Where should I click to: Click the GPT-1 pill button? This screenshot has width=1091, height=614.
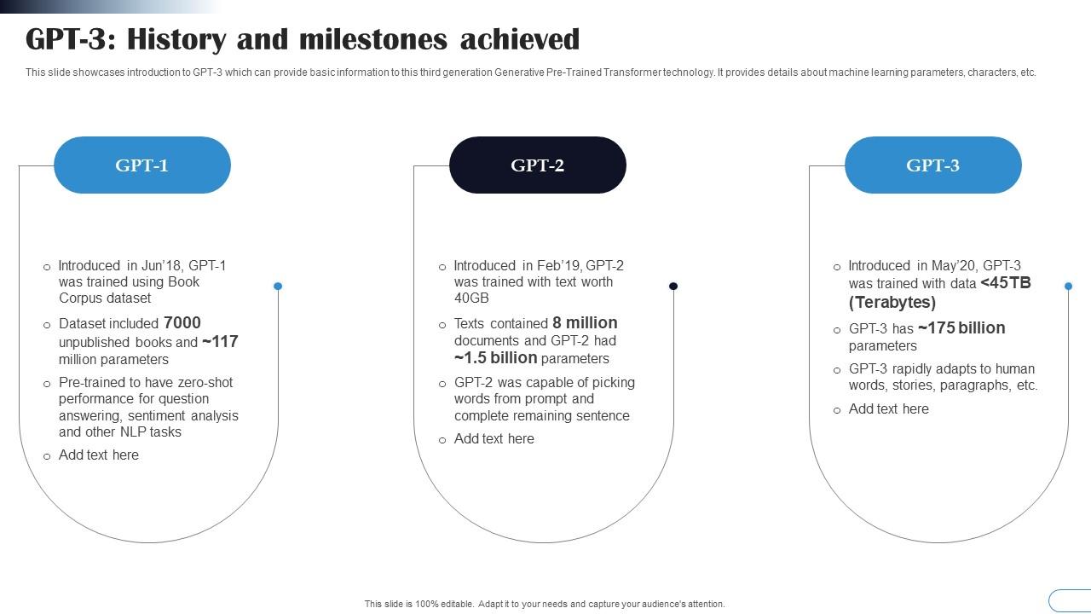(x=142, y=165)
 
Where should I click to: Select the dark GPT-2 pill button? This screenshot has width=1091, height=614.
(x=538, y=165)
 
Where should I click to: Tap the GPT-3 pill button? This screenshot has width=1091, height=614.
(x=933, y=165)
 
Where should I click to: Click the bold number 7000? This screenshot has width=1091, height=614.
(x=182, y=323)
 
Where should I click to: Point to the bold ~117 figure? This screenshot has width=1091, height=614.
(x=220, y=342)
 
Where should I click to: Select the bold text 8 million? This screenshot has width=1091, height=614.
(x=585, y=323)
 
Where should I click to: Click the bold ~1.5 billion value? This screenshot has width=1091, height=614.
(x=495, y=358)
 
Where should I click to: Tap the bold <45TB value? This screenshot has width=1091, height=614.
(x=1006, y=283)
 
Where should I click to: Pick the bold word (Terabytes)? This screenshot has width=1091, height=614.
(x=892, y=303)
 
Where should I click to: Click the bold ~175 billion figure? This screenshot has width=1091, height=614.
(x=961, y=328)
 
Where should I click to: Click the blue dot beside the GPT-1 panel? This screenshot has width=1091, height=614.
(x=278, y=287)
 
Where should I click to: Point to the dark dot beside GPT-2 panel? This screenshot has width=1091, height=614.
(x=673, y=287)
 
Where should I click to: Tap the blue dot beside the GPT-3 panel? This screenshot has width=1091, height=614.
(x=1068, y=287)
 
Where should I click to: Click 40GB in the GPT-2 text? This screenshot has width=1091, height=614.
(x=471, y=298)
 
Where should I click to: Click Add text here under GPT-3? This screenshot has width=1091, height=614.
(x=889, y=409)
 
